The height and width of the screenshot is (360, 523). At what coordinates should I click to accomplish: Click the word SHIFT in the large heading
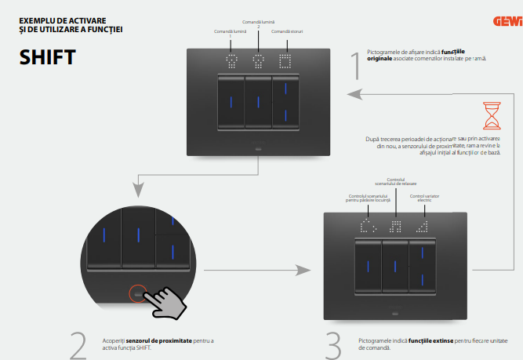[48, 56]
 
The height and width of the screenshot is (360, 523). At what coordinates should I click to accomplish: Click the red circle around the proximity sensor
[138, 294]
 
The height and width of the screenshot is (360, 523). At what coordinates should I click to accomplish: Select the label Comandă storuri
[287, 31]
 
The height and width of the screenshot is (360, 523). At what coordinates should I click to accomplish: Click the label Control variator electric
[424, 198]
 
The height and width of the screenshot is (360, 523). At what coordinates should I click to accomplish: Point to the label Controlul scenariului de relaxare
[396, 182]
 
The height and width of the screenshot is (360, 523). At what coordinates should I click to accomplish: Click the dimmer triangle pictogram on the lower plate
[423, 227]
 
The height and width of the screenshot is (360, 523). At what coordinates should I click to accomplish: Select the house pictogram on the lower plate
[368, 227]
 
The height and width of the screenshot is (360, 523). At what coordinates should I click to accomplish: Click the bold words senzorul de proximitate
[151, 341]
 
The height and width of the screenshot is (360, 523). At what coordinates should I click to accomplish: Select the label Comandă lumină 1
[231, 33]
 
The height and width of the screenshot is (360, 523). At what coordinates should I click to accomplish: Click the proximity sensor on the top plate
[258, 146]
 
